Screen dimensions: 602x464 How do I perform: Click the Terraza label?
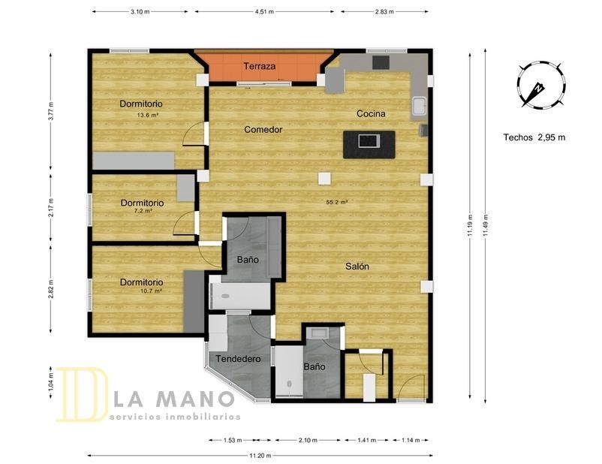[x=260, y=66]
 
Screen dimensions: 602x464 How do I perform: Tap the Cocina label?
[x=371, y=113]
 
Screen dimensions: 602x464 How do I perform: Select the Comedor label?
[x=263, y=130]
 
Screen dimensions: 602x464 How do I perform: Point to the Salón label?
[x=357, y=267]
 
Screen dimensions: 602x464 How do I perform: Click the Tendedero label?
[x=238, y=359]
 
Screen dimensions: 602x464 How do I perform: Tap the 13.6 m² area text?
[x=148, y=114]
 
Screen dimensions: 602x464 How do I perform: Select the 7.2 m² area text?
[x=142, y=210]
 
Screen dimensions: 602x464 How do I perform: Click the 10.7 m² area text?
[x=150, y=291]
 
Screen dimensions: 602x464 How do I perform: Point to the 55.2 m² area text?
[x=337, y=202]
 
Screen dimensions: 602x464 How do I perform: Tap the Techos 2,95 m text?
[x=534, y=137]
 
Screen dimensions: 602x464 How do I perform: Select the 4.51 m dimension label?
[x=264, y=11]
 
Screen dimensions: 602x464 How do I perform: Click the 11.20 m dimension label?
[x=260, y=456]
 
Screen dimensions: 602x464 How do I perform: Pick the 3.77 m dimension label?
[x=51, y=111]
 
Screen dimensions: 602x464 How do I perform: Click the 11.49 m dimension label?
[x=486, y=226]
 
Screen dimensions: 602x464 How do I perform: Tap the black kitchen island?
[x=369, y=144]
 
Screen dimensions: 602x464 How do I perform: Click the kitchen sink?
[x=420, y=106]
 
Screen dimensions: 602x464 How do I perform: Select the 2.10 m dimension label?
[x=308, y=440]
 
